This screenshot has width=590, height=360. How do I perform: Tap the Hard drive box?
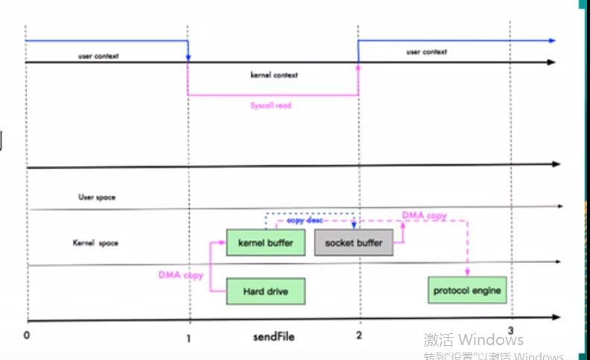pos(265,291)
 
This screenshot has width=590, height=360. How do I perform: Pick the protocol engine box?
pos(467,290)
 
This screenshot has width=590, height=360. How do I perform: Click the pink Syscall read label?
pos(270,106)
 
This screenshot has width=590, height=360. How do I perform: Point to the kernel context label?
pos(274,75)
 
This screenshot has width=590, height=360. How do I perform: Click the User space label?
pos(97,198)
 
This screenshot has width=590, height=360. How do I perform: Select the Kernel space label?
pos(95,243)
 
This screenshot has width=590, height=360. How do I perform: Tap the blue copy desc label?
pos(308,221)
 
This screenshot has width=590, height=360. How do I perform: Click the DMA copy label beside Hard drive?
pos(180,275)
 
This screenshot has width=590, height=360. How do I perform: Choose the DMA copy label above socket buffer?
pos(425,215)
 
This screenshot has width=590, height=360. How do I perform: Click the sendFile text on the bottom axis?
pos(273,337)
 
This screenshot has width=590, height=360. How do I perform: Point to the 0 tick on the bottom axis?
pos(27,335)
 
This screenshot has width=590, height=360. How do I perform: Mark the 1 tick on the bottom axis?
pos(189,336)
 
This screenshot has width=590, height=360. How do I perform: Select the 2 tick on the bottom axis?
pos(359,336)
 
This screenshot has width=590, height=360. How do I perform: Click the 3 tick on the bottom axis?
pos(511,330)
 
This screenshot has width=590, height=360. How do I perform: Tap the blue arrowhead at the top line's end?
pos(552,40)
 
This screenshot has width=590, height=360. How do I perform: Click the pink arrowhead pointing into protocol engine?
pos(468,273)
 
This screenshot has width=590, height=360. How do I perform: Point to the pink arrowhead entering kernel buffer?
pos(223,242)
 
